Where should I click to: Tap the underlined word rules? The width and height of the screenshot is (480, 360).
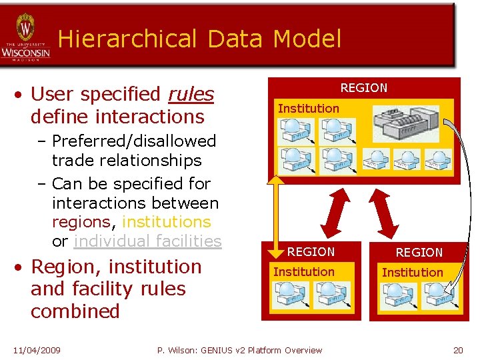[191, 95]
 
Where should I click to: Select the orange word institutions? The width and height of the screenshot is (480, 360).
[166, 222]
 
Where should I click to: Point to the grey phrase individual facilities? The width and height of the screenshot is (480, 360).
[147, 241]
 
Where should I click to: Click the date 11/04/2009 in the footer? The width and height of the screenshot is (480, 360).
[37, 350]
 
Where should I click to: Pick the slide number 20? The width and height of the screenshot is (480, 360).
[457, 350]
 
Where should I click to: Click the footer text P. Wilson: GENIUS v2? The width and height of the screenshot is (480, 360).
[212, 350]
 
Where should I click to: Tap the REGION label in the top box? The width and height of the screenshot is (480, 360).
[363, 88]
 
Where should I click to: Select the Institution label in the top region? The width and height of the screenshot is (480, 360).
[308, 108]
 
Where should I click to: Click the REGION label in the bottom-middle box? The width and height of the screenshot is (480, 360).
[311, 252]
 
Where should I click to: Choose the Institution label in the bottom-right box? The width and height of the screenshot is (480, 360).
[412, 272]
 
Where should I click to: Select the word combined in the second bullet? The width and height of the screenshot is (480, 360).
[75, 311]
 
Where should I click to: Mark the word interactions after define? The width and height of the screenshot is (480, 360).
[150, 117]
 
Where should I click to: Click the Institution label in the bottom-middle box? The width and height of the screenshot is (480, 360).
[303, 271]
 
